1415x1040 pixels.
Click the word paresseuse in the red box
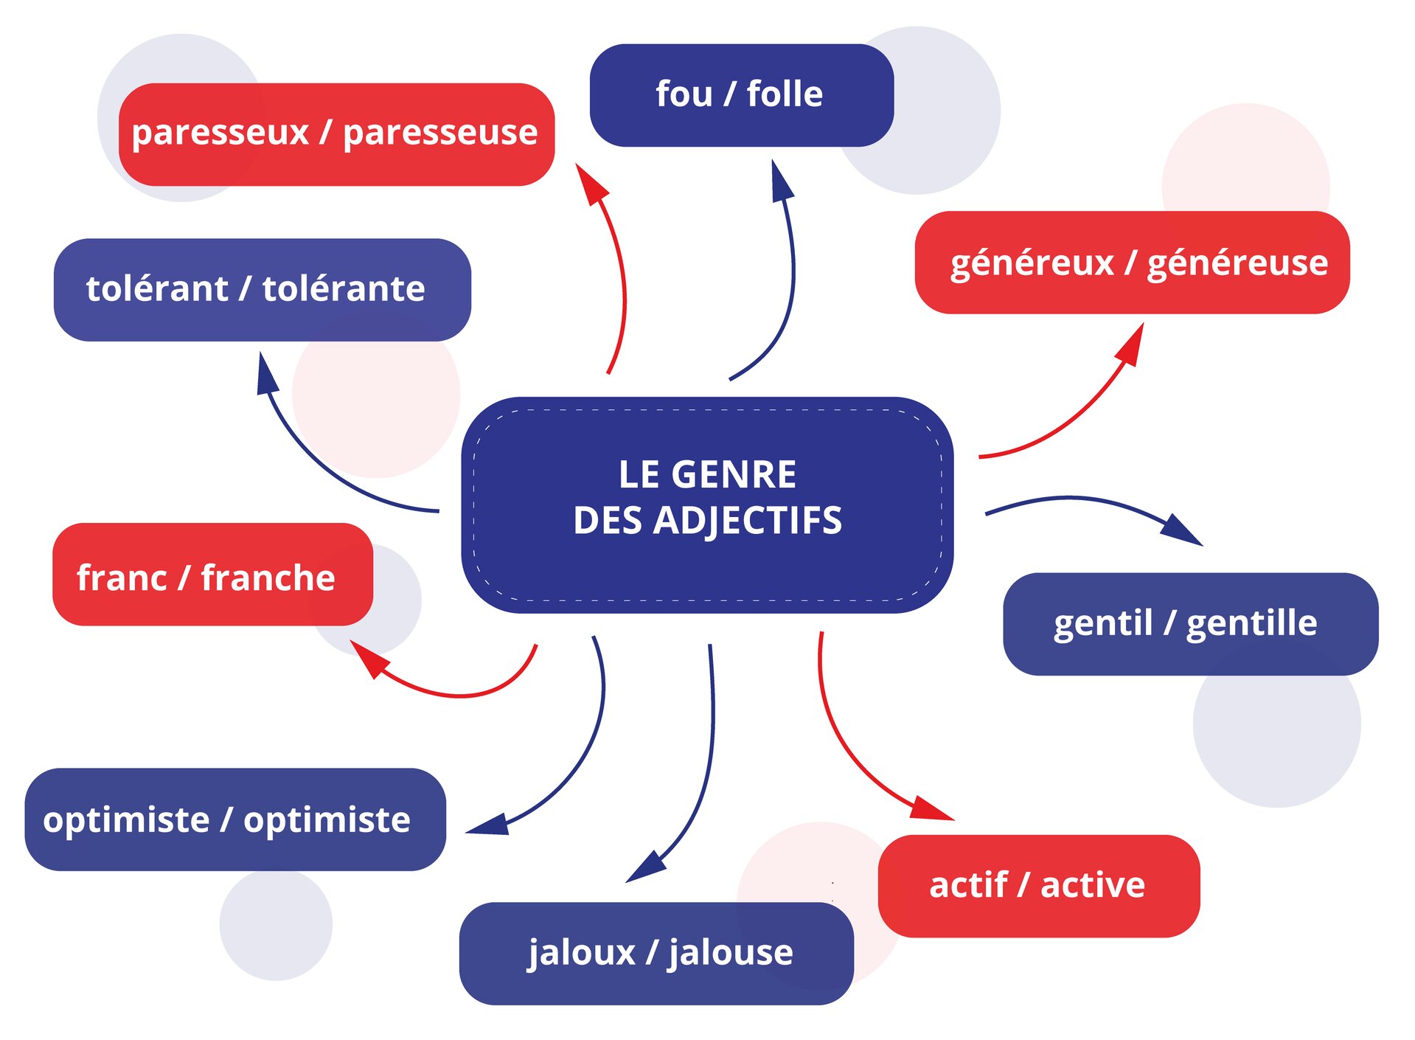(440, 134)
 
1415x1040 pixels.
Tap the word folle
(785, 94)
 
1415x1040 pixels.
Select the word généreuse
(1237, 263)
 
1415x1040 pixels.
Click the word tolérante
(344, 288)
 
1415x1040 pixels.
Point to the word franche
(268, 578)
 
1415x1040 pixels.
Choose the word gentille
(1251, 623)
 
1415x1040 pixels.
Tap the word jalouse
(730, 952)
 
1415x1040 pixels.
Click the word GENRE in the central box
(744, 474)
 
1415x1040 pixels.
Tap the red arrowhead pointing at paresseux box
(591, 184)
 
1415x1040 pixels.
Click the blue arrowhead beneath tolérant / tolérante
(266, 375)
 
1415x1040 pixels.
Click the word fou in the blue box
(684, 94)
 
